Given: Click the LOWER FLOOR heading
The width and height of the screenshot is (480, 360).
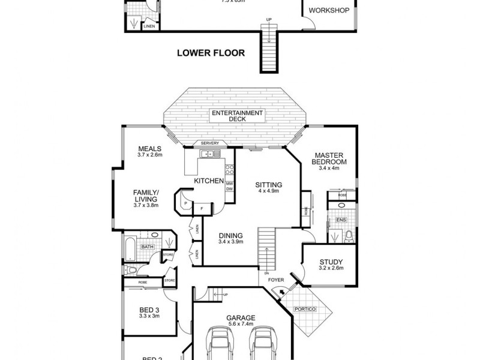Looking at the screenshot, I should click(211, 53).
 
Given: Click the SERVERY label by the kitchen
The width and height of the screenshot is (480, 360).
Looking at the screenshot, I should click(209, 143).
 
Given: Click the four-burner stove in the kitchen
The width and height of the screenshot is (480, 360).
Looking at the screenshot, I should click(229, 170).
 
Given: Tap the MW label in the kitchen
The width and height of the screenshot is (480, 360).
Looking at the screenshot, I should click(229, 182).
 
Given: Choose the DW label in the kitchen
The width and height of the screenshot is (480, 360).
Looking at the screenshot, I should click(229, 189).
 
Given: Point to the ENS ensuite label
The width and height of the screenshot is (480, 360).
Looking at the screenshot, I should click(341, 220).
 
